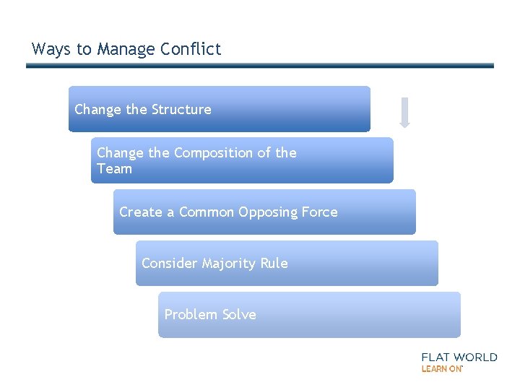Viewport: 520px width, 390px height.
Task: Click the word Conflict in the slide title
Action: pos(191,49)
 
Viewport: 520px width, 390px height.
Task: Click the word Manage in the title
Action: pos(127,49)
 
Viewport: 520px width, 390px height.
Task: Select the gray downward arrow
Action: pos(404,113)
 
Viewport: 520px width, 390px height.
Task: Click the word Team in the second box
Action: pos(114,169)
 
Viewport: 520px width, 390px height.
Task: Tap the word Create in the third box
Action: pos(141,212)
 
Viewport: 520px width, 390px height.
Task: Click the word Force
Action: pos(318,212)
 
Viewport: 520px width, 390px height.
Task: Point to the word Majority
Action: pos(229,264)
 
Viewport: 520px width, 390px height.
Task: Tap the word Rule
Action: pos(274,264)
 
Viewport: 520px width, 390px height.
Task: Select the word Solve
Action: pos(238,315)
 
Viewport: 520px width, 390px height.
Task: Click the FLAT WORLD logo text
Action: pos(459,357)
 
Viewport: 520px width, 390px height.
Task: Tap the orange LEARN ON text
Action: pos(442,369)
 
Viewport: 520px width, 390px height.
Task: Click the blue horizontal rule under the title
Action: pos(260,66)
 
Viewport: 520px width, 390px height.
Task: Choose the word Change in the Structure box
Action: pos(97,110)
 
